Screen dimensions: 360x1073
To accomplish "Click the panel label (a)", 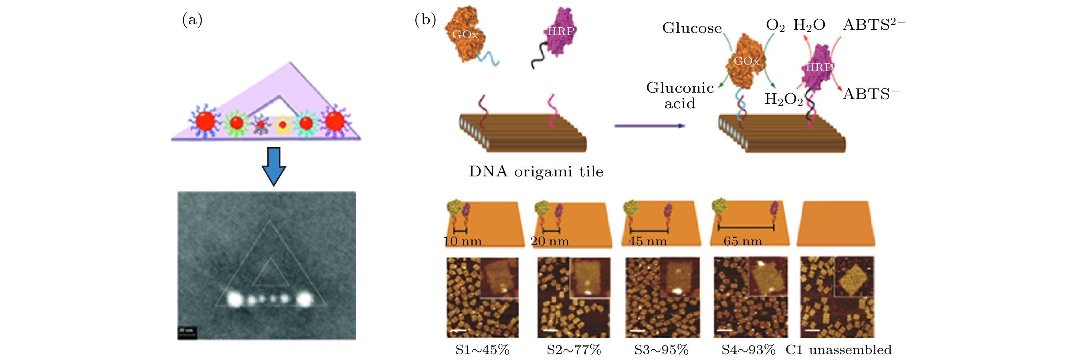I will click(x=192, y=20).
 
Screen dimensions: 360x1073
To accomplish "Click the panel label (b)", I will click(x=425, y=20).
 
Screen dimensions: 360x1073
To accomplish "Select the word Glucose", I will click(x=692, y=28).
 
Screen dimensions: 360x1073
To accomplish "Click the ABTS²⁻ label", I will click(x=873, y=24).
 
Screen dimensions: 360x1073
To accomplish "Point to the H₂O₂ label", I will click(x=784, y=99).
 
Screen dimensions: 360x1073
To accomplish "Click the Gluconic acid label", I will click(x=680, y=95).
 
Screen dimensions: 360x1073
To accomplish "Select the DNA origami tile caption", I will click(x=536, y=171).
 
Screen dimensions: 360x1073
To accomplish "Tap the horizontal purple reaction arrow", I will click(x=649, y=125).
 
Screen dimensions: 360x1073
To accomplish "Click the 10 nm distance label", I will click(x=462, y=241).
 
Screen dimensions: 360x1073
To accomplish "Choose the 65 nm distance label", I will click(x=743, y=241).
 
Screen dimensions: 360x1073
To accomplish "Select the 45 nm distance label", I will click(x=647, y=241).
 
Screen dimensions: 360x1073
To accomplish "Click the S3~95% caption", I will click(x=661, y=350).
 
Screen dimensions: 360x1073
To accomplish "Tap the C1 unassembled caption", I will click(x=839, y=350).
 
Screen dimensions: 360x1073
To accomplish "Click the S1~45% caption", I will click(x=482, y=350).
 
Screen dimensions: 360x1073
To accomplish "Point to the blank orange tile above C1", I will click(x=836, y=224).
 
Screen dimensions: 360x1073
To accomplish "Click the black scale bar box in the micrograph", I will click(x=187, y=332).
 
